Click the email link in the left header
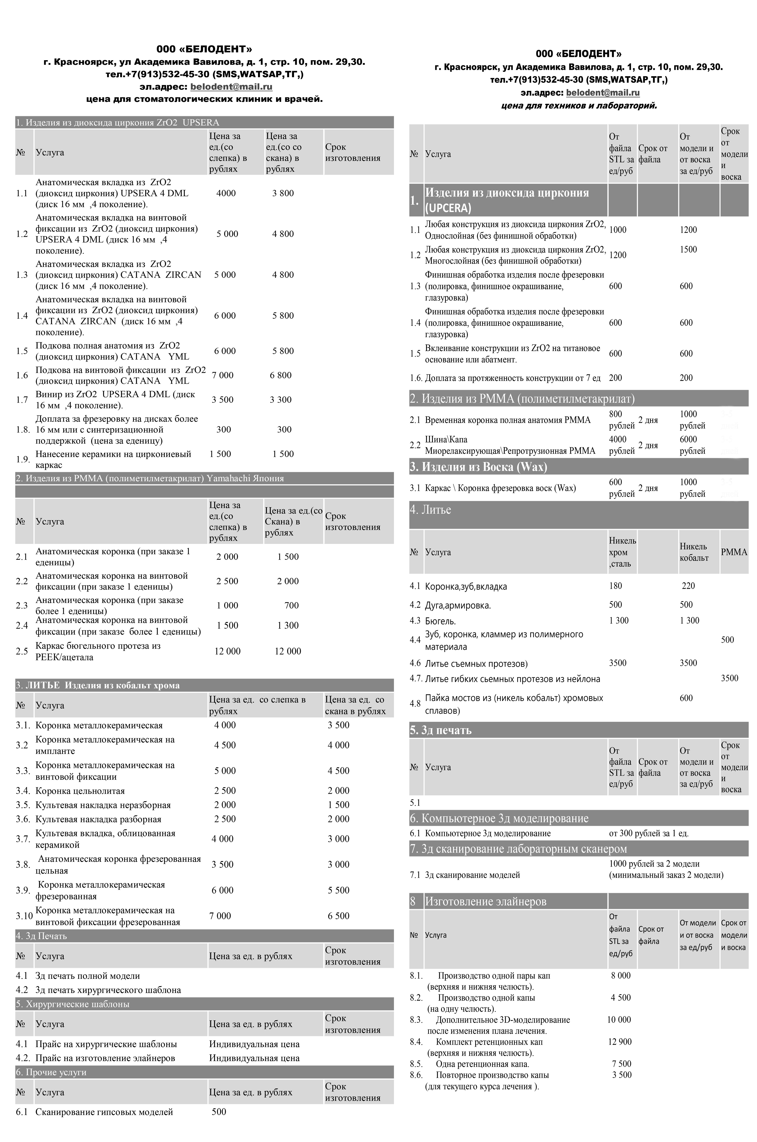[x=231, y=87]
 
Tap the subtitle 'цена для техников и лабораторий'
[x=579, y=105]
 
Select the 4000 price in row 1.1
[x=226, y=193]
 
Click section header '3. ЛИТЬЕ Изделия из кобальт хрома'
[x=98, y=685]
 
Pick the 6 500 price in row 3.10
[x=338, y=916]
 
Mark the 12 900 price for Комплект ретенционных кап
[x=620, y=1042]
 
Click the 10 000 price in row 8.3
[x=619, y=1020]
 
